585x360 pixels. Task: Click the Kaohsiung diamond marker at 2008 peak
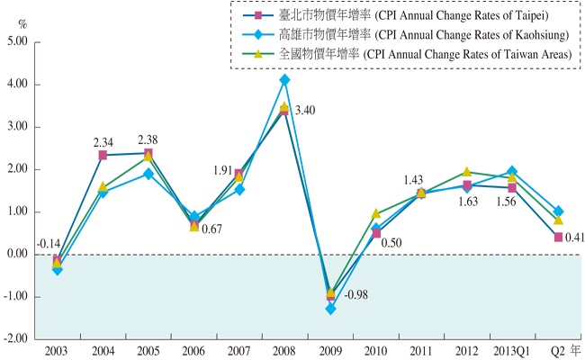[284, 80]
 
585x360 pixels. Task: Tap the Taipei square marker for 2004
[103, 156]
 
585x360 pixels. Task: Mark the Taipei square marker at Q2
[558, 237]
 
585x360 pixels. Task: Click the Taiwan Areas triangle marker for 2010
[376, 214]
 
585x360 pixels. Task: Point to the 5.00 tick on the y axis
[17, 42]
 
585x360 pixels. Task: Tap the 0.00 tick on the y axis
[17, 255]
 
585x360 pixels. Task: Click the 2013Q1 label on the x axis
[511, 351]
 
